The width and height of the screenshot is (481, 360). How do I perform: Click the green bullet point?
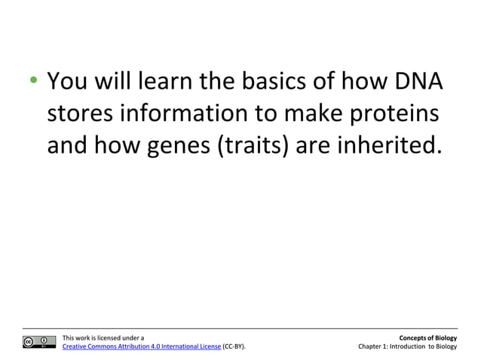tap(32, 81)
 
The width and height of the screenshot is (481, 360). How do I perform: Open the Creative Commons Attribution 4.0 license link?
tap(141, 347)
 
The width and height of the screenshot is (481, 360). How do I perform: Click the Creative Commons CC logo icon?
tap(38, 342)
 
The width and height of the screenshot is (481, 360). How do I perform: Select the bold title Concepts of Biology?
tap(428, 338)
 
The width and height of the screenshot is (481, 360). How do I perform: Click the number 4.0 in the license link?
tap(157, 347)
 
